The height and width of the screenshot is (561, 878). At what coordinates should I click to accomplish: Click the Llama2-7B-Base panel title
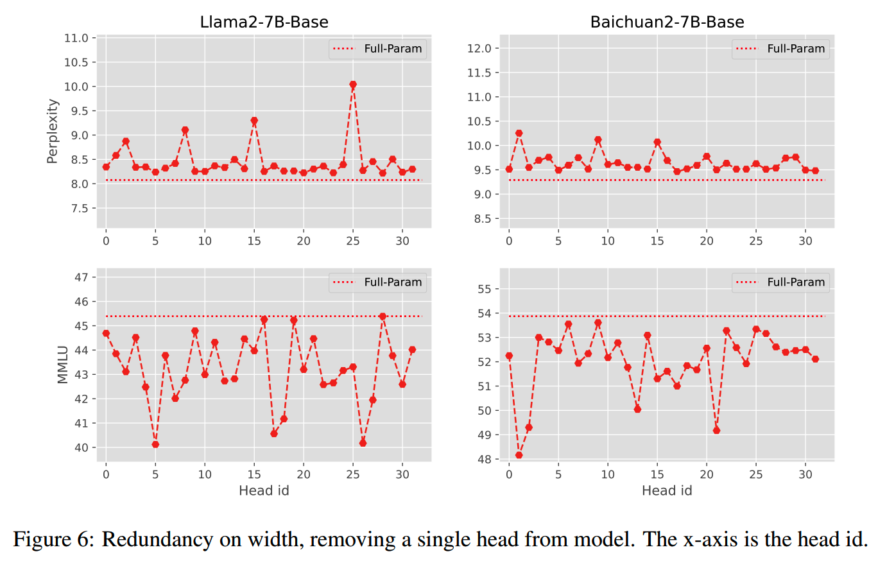tap(264, 22)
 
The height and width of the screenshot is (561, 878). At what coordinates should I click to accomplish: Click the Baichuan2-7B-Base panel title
tap(667, 22)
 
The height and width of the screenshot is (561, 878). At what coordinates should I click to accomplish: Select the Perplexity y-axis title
tap(53, 130)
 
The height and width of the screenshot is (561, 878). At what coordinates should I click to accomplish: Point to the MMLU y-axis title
tap(62, 362)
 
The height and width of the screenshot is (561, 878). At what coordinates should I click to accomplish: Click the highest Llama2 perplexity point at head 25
tap(353, 85)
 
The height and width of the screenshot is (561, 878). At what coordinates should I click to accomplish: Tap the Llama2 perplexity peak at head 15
tap(254, 121)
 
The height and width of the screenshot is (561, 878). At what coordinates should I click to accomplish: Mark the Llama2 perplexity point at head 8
tap(185, 130)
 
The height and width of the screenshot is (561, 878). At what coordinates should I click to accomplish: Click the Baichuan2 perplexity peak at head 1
tap(519, 134)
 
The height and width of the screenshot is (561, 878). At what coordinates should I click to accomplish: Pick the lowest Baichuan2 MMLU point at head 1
tap(519, 455)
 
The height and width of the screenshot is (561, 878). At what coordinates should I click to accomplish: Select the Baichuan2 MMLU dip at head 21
tap(716, 430)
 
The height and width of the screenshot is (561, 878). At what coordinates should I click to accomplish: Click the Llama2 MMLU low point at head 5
tap(155, 444)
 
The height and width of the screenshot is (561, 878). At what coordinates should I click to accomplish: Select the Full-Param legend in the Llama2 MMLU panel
tap(377, 282)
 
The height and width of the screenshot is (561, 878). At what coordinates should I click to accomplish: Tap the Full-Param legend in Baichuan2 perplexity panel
tap(780, 49)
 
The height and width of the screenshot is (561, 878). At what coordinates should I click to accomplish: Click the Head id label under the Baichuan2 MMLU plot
tap(667, 491)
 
